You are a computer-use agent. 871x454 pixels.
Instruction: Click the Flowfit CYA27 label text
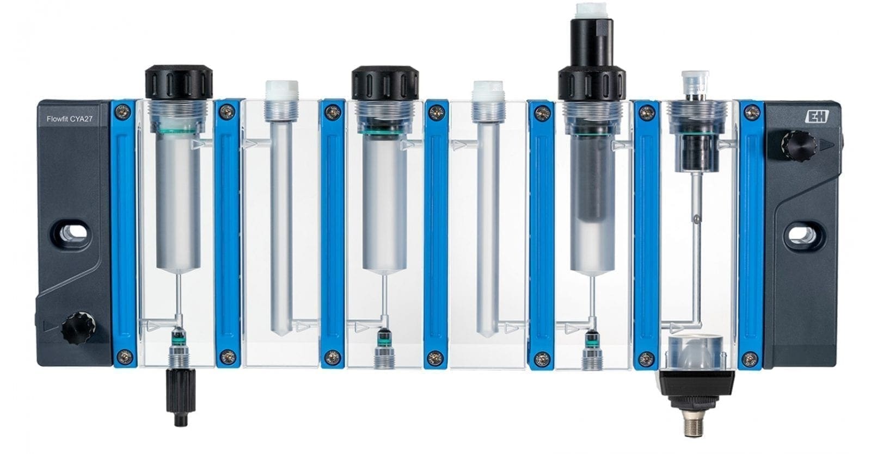70,119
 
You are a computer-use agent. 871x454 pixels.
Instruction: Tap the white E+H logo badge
817,116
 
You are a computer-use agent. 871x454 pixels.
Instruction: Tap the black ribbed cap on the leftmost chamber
179,83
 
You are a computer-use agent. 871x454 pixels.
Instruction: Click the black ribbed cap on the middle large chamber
385,84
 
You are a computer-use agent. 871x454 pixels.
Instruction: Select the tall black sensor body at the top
591,62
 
